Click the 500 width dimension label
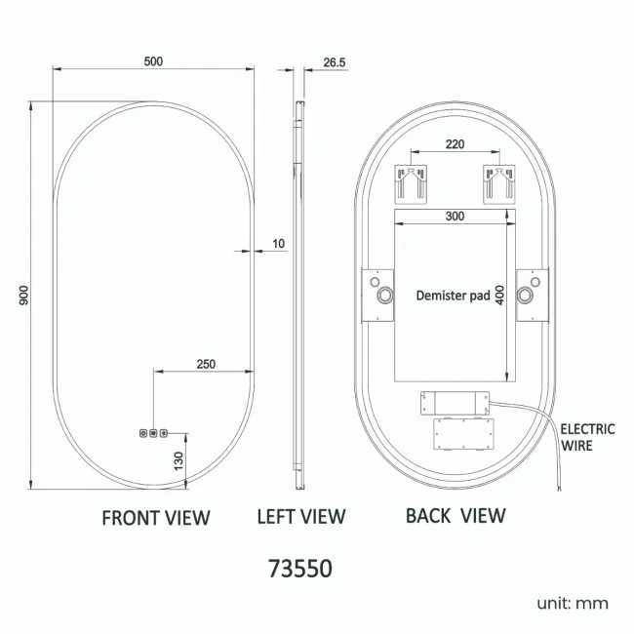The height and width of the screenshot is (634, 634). (153, 61)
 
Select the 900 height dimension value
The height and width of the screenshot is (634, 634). (24, 296)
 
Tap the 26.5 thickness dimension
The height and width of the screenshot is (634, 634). (335, 62)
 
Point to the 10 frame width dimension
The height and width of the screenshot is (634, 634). (279, 244)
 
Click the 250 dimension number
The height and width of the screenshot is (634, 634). (206, 364)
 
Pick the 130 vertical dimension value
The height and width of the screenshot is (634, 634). (178, 461)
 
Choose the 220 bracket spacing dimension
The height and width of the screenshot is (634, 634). (455, 144)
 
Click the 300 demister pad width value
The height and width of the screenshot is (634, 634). (455, 216)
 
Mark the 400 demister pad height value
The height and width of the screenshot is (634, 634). (499, 296)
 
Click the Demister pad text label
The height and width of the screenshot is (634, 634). (453, 296)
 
